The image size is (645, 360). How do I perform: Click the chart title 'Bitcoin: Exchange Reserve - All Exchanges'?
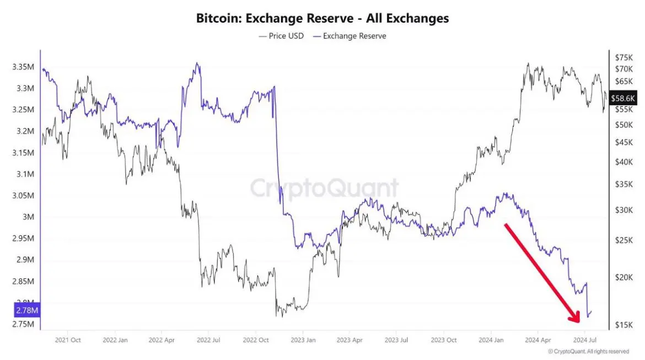coord(322,18)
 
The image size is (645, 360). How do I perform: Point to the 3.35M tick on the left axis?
coord(23,67)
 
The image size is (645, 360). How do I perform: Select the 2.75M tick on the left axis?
coord(23,324)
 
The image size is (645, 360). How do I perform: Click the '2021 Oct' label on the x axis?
coord(68,340)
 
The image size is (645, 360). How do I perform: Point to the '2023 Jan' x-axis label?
coord(303,340)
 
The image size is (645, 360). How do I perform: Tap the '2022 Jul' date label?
coord(209,340)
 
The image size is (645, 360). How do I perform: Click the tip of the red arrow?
coord(578,321)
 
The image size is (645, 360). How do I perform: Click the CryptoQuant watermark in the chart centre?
coord(324,188)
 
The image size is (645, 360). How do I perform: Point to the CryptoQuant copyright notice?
coord(588,351)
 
